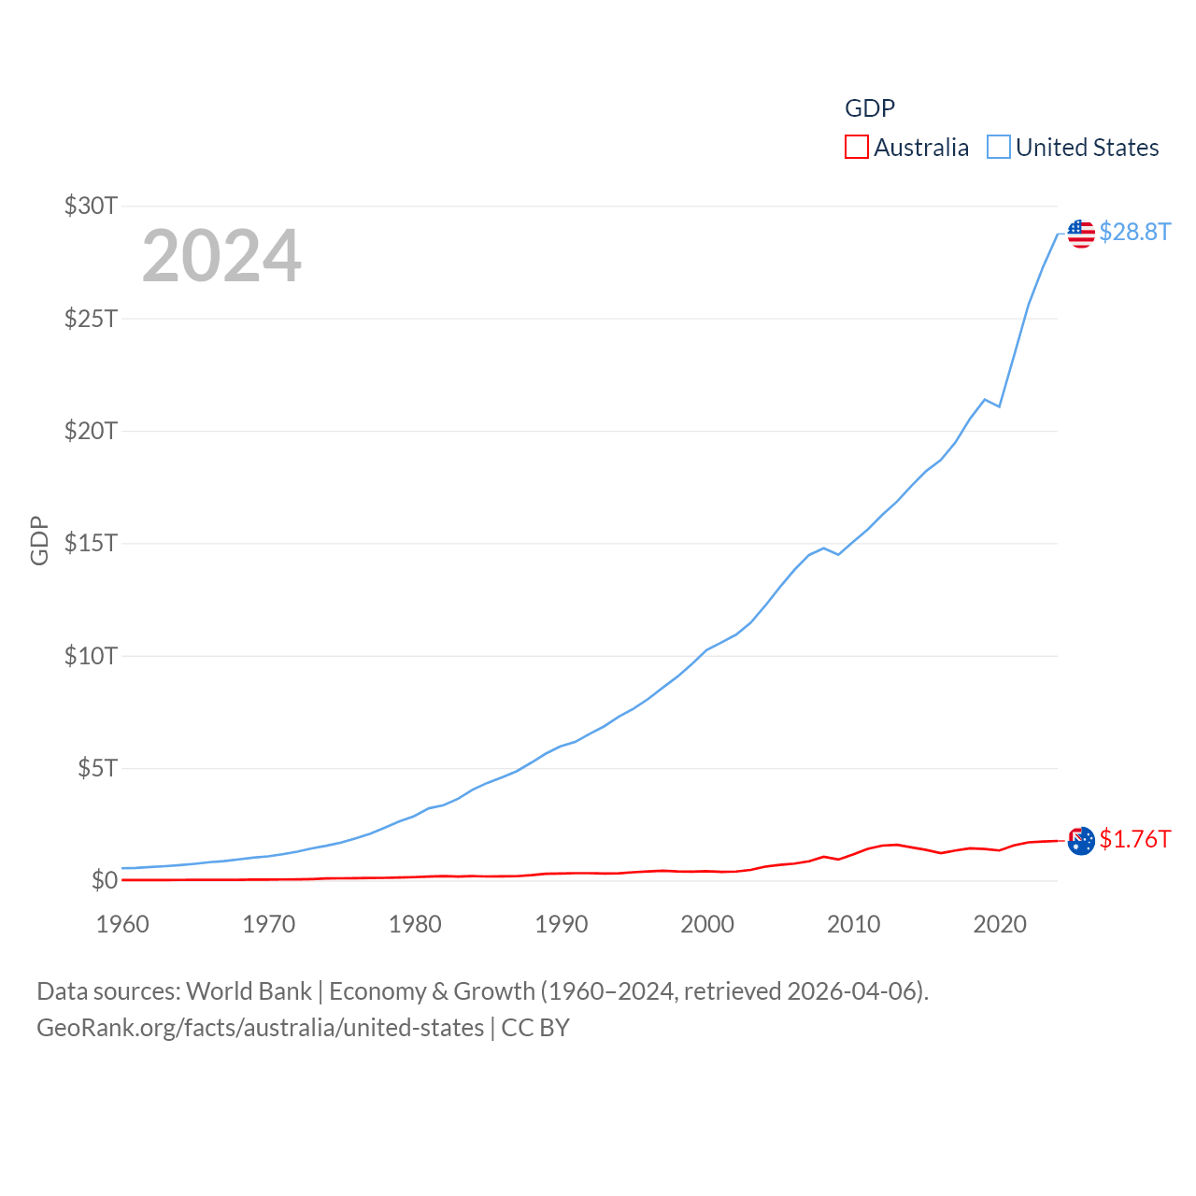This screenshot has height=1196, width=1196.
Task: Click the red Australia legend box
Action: click(x=856, y=148)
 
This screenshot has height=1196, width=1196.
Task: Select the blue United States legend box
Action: click(x=999, y=148)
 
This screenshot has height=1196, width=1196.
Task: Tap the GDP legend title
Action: click(x=869, y=108)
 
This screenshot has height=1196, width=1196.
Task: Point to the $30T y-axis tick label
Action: click(x=91, y=206)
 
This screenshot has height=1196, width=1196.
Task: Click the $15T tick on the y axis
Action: click(x=91, y=543)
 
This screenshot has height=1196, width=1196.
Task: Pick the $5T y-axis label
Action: click(x=97, y=768)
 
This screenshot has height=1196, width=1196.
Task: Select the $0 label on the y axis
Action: click(x=104, y=880)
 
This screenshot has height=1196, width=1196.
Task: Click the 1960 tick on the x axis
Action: click(x=122, y=924)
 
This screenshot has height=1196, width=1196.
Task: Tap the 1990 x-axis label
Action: click(x=562, y=924)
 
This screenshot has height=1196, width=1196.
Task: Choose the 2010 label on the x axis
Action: click(x=853, y=924)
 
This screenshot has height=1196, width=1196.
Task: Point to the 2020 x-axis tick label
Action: click(x=1000, y=924)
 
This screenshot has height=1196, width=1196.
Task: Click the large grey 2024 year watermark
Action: click(x=221, y=256)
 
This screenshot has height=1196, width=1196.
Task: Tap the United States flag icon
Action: click(x=1081, y=234)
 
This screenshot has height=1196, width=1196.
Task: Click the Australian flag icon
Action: click(x=1081, y=841)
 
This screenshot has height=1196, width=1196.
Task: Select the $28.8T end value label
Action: click(x=1134, y=232)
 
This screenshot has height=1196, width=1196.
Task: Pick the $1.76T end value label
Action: click(x=1134, y=839)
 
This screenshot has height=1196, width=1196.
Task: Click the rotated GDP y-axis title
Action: click(x=39, y=540)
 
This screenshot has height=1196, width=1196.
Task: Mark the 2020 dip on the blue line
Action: click(x=1000, y=406)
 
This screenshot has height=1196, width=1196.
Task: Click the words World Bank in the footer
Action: click(x=249, y=990)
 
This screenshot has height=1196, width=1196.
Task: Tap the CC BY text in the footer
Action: click(x=535, y=1028)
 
